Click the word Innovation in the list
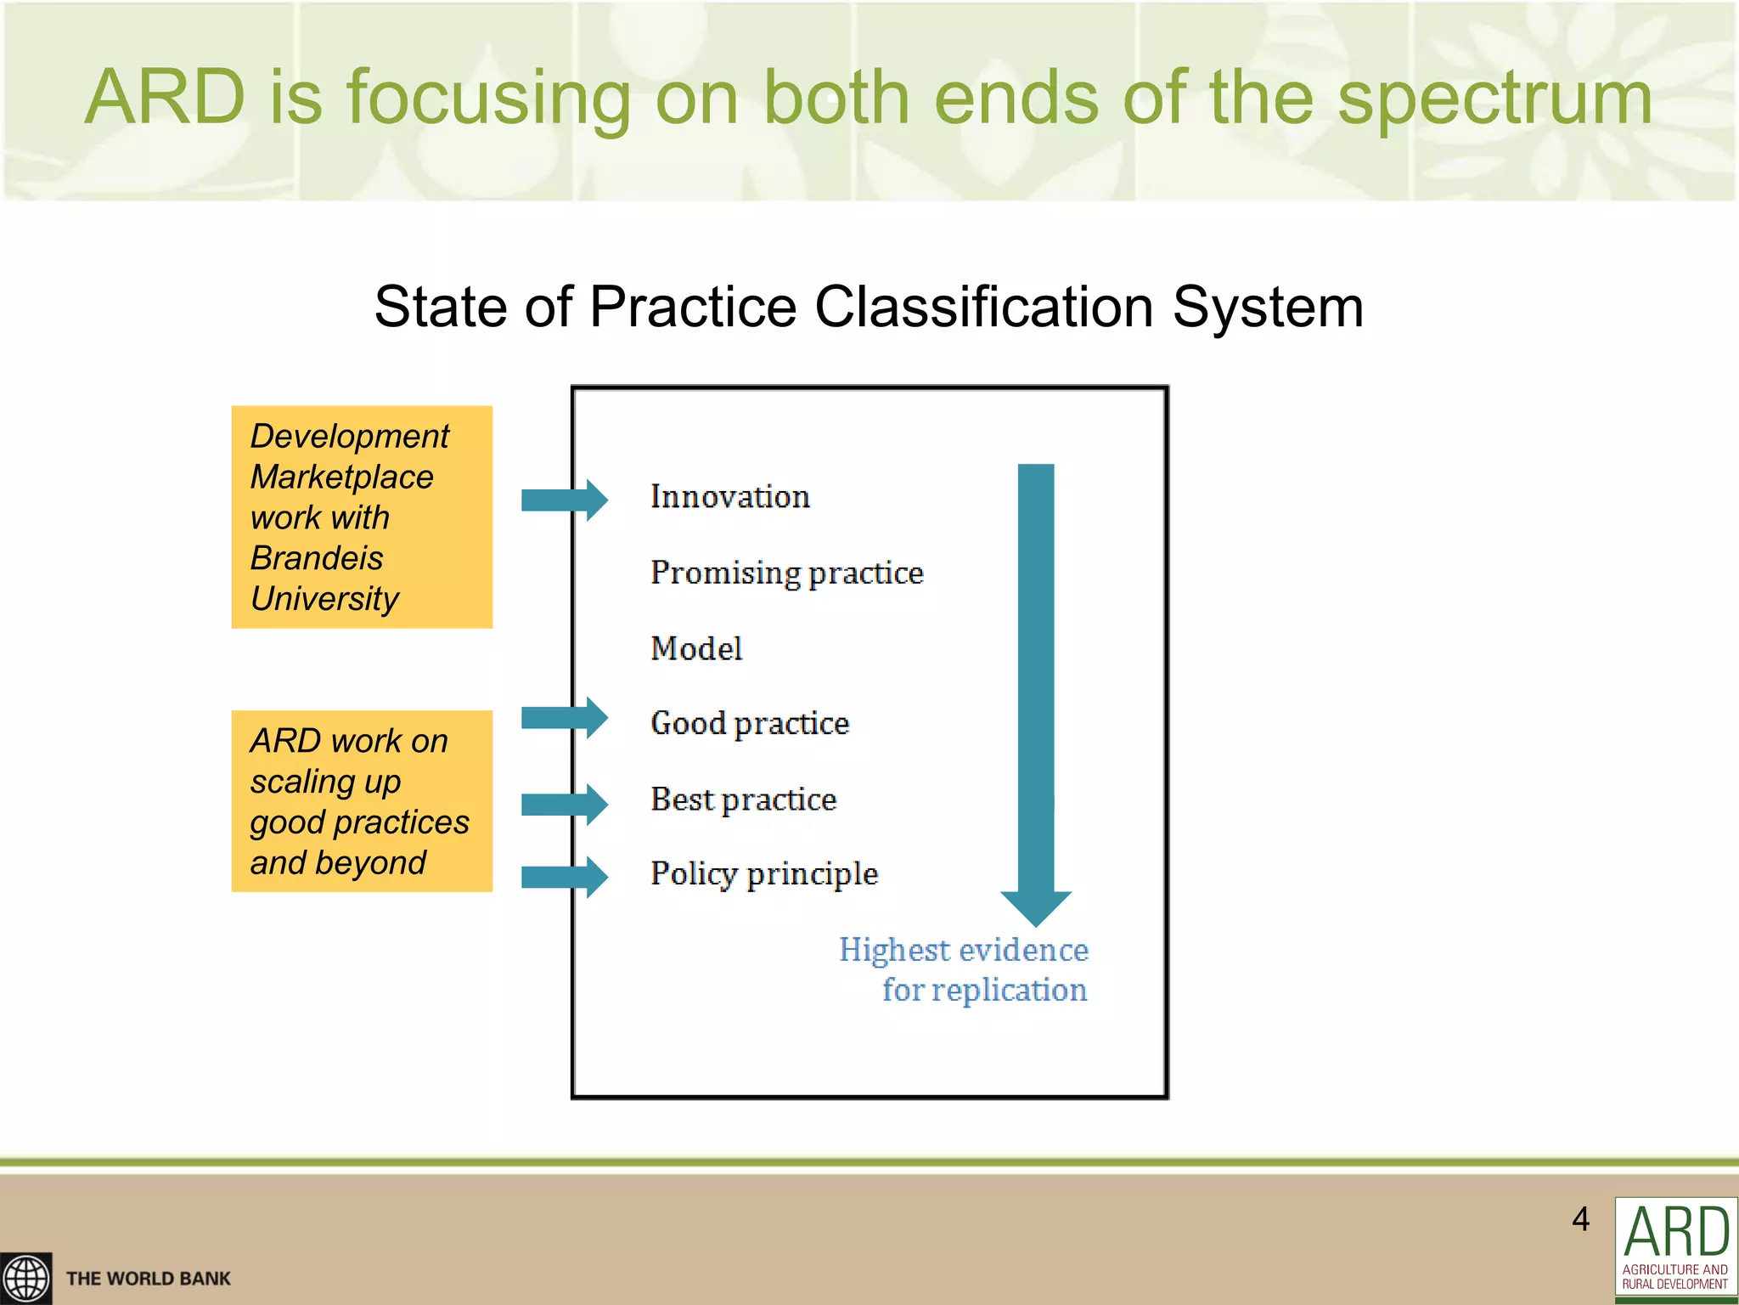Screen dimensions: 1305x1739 click(729, 497)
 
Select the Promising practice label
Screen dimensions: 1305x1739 click(786, 573)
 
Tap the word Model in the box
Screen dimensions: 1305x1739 click(696, 649)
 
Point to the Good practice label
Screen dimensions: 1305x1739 click(750, 724)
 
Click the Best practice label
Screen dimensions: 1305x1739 click(743, 799)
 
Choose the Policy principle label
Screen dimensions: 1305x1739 click(763, 874)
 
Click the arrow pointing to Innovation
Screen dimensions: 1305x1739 click(564, 500)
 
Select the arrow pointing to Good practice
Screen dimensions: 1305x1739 click(564, 718)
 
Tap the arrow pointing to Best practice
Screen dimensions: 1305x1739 click(564, 804)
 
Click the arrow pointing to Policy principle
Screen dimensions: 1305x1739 click(564, 877)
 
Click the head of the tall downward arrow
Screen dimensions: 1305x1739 click(1036, 907)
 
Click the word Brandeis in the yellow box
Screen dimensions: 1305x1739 click(317, 558)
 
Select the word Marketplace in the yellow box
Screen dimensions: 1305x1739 click(341, 477)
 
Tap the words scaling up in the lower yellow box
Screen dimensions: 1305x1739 click(325, 782)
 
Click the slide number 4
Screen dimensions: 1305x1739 click(1580, 1219)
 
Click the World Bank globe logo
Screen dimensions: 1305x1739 click(26, 1278)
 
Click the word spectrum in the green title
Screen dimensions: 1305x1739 click(1494, 98)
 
